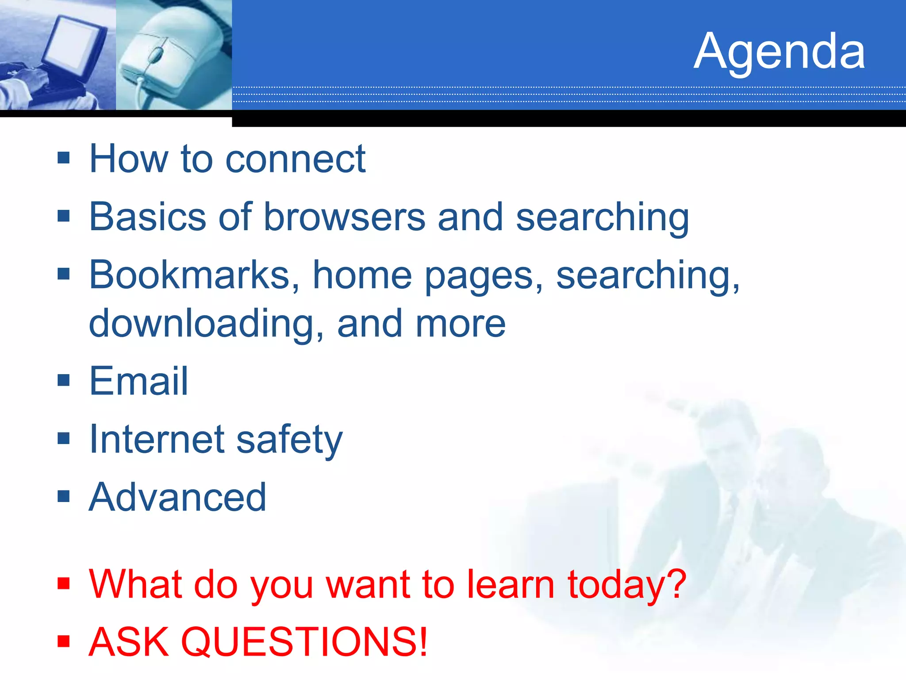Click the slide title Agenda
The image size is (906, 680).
click(779, 52)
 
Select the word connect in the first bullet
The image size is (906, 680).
click(295, 159)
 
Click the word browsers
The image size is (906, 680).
click(344, 217)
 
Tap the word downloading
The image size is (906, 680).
click(206, 324)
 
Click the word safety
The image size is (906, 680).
click(289, 440)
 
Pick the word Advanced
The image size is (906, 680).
click(177, 497)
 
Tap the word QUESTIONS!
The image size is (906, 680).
click(304, 641)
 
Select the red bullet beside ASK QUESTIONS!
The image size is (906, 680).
click(64, 641)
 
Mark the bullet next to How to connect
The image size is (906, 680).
click(64, 158)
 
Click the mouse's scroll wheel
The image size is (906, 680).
click(155, 55)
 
